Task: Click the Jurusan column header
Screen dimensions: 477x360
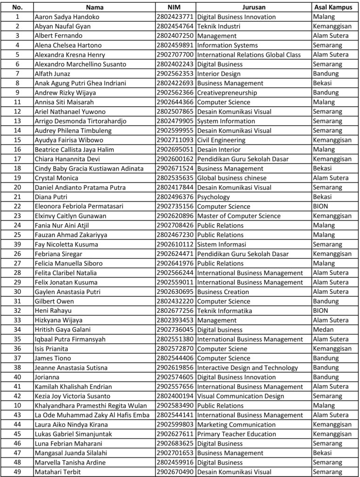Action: pos(254,7)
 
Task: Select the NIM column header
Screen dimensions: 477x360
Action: pos(176,7)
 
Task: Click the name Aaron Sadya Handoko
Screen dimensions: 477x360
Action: pos(67,17)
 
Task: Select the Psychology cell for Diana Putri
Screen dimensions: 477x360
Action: pos(213,197)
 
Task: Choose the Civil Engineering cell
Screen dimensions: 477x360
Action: pos(221,140)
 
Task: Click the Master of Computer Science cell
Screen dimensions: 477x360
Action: pos(238,216)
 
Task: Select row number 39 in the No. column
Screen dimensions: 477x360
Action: pos(17,245)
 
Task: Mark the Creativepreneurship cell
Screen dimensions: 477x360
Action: pos(224,92)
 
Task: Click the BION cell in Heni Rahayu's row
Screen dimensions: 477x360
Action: pos(320,311)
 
